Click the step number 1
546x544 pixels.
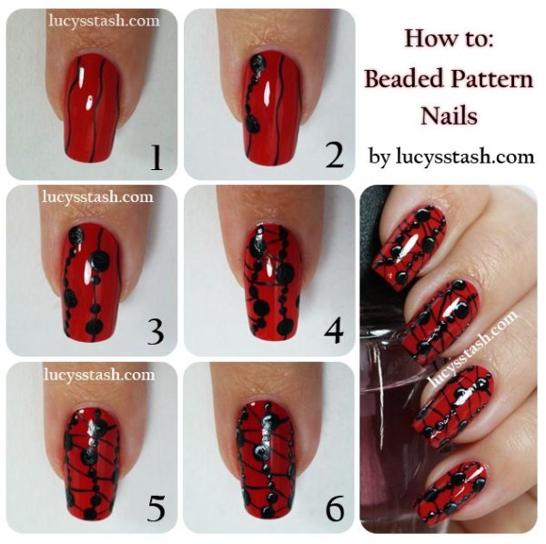[x=157, y=157]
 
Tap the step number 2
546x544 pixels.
[x=334, y=156]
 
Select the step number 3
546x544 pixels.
[x=156, y=332]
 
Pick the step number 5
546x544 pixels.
[x=156, y=509]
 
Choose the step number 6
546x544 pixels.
[x=335, y=509]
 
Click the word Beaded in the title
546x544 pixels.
[x=403, y=78]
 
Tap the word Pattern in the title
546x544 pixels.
[x=491, y=79]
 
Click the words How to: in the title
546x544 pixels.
[x=449, y=38]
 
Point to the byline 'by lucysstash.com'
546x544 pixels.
[x=451, y=157]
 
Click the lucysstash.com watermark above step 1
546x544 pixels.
[x=104, y=21]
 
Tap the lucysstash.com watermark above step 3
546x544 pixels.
[x=98, y=197]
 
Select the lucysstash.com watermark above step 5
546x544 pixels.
[x=99, y=375]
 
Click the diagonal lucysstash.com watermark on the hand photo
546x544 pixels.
[x=473, y=348]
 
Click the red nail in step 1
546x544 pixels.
[x=93, y=108]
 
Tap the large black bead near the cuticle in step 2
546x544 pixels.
[x=258, y=63]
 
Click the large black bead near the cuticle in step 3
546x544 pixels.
[x=76, y=236]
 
